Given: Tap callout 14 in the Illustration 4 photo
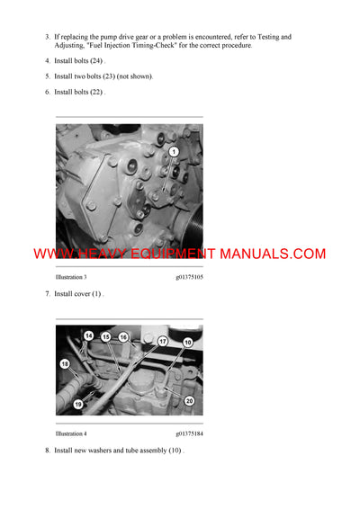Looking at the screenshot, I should tap(89, 335).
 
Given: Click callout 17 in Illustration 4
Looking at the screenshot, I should tap(163, 342).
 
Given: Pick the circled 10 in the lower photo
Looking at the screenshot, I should tap(188, 343).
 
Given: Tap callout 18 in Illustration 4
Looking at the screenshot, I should tap(65, 363).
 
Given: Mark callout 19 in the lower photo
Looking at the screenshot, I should tap(79, 405).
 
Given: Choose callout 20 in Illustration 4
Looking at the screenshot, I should tap(189, 400).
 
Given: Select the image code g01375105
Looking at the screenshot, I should tap(189, 278).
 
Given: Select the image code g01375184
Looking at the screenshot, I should tap(189, 433).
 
